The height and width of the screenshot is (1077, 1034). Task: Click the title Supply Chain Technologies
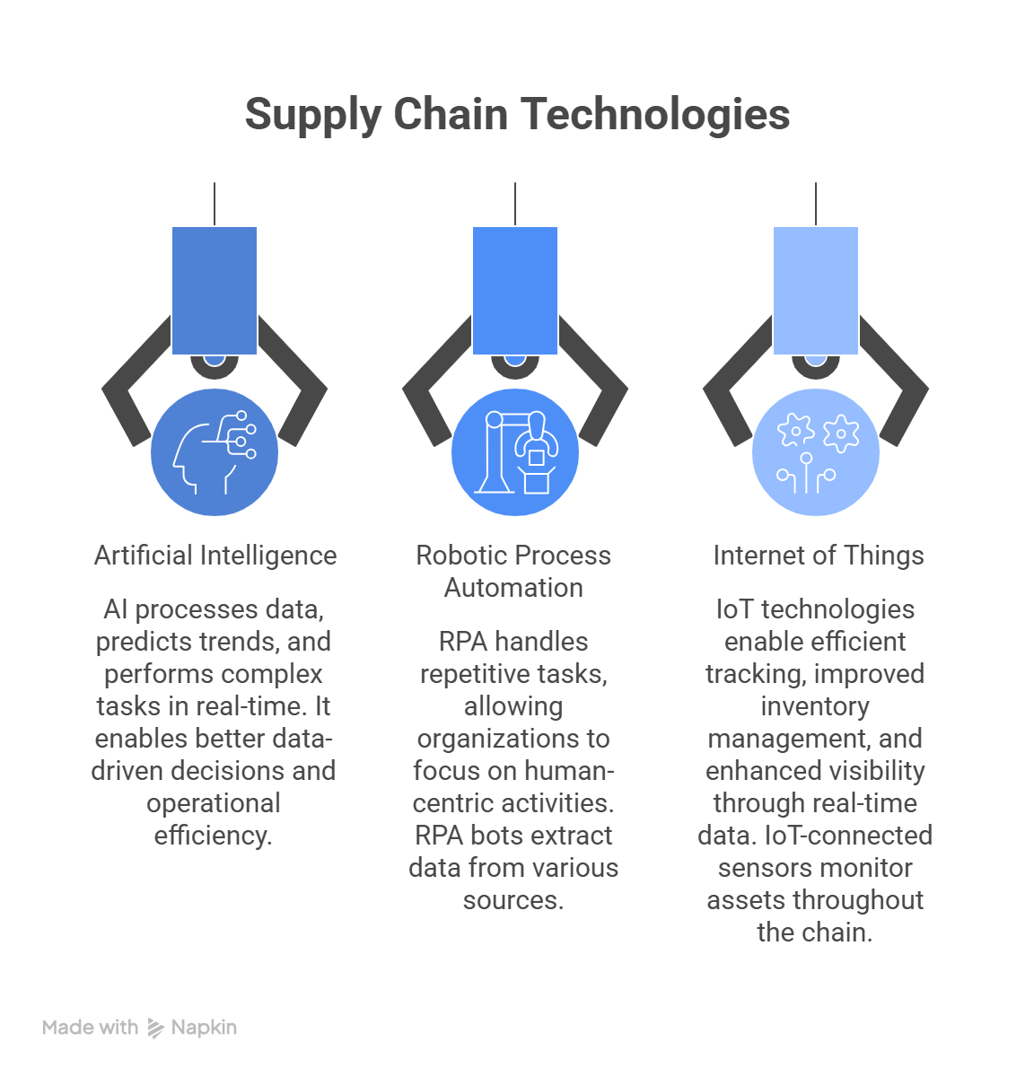click(x=517, y=115)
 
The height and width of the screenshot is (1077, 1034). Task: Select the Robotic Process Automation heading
click(x=513, y=572)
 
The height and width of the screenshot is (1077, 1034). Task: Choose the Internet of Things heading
click(x=818, y=555)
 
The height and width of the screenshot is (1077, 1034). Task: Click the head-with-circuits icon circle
click(x=215, y=452)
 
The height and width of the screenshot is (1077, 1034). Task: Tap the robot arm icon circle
click(x=515, y=452)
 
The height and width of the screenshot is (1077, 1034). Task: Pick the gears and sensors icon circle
click(x=815, y=452)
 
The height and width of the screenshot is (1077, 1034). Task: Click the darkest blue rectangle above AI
click(x=215, y=291)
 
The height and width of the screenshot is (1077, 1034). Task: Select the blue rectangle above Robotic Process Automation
click(x=515, y=291)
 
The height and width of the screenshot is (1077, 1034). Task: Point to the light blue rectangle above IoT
click(x=815, y=291)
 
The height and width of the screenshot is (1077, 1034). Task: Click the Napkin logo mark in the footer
click(x=155, y=1029)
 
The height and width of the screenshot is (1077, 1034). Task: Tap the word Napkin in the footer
click(x=204, y=1028)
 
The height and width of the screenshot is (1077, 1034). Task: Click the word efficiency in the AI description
click(x=213, y=836)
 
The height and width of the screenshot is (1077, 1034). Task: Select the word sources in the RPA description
click(x=513, y=901)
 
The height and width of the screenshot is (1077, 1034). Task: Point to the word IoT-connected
click(x=848, y=836)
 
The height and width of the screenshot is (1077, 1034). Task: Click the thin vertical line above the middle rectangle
click(x=515, y=204)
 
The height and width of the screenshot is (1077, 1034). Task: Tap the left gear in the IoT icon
click(x=796, y=430)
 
